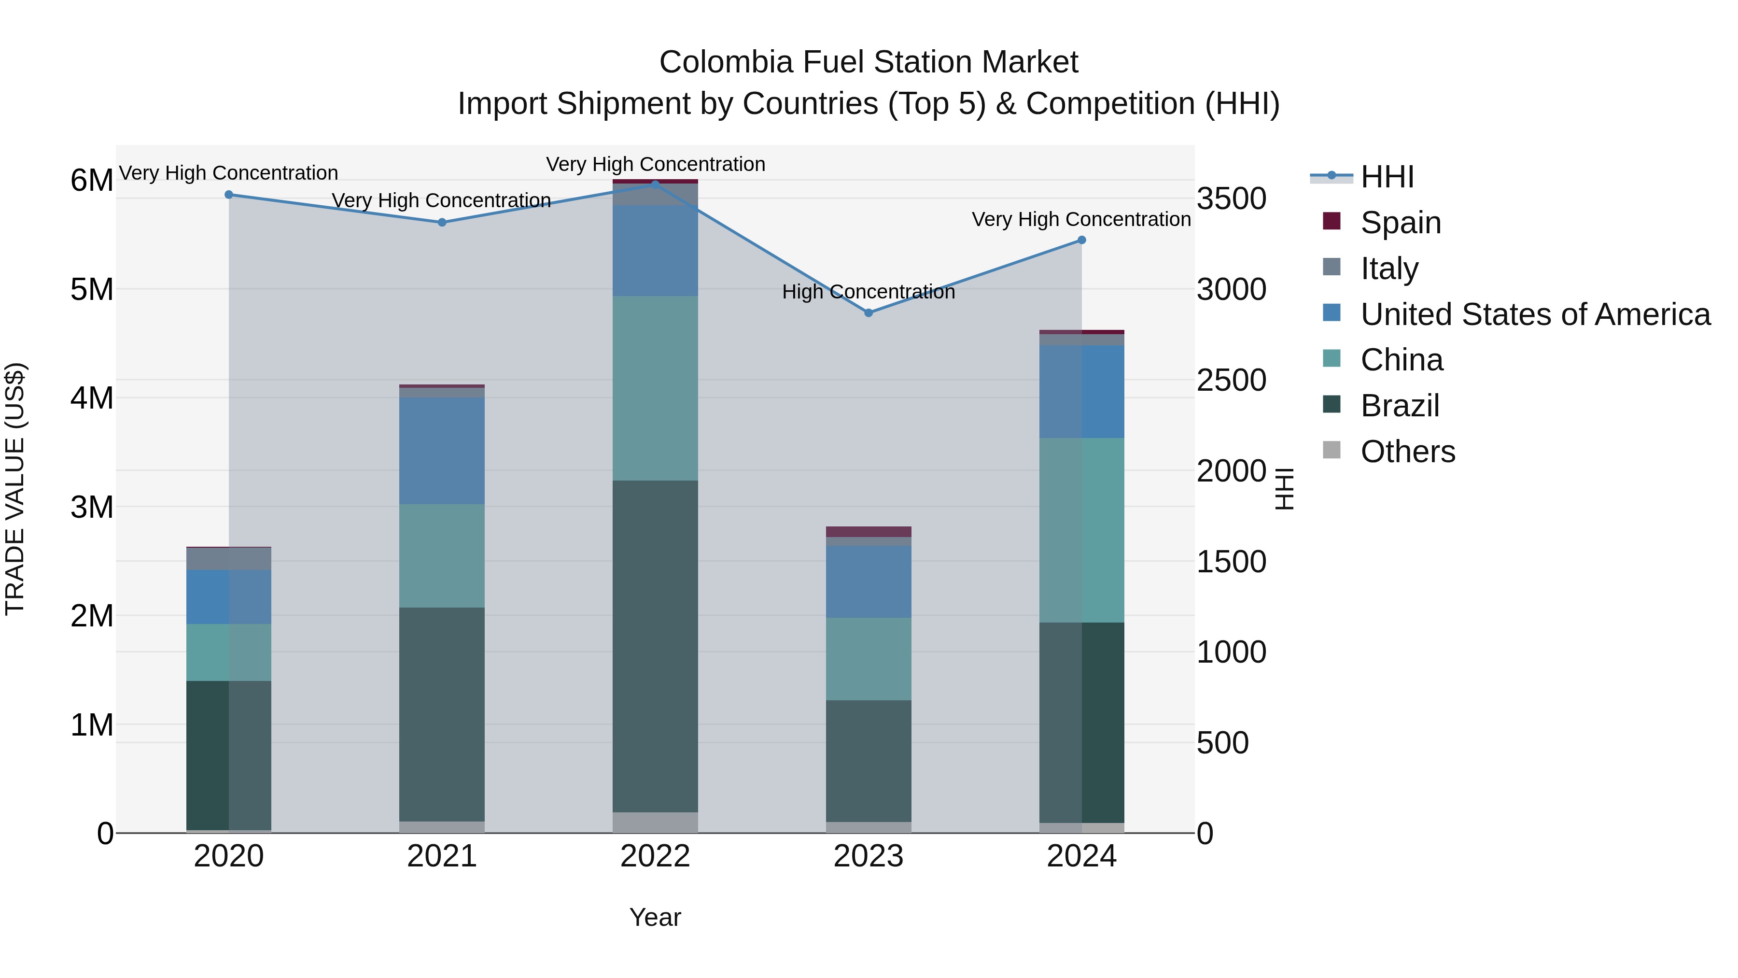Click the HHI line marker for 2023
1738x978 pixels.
869,313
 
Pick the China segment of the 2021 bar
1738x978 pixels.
442,555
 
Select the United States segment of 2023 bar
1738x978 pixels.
869,582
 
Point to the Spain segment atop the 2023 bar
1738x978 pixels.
869,532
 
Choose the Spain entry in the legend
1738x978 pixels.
1401,223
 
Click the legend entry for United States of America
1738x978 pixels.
1535,314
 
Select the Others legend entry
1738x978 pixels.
1407,452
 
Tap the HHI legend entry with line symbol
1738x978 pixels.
1387,177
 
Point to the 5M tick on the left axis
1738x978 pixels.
92,290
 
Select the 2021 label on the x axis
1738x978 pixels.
442,856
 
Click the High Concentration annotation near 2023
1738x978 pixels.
869,292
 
